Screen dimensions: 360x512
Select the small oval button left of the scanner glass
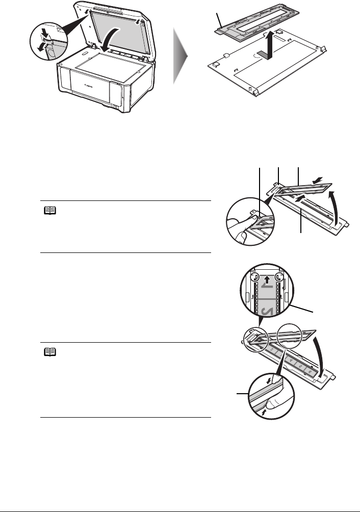tap(83, 52)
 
